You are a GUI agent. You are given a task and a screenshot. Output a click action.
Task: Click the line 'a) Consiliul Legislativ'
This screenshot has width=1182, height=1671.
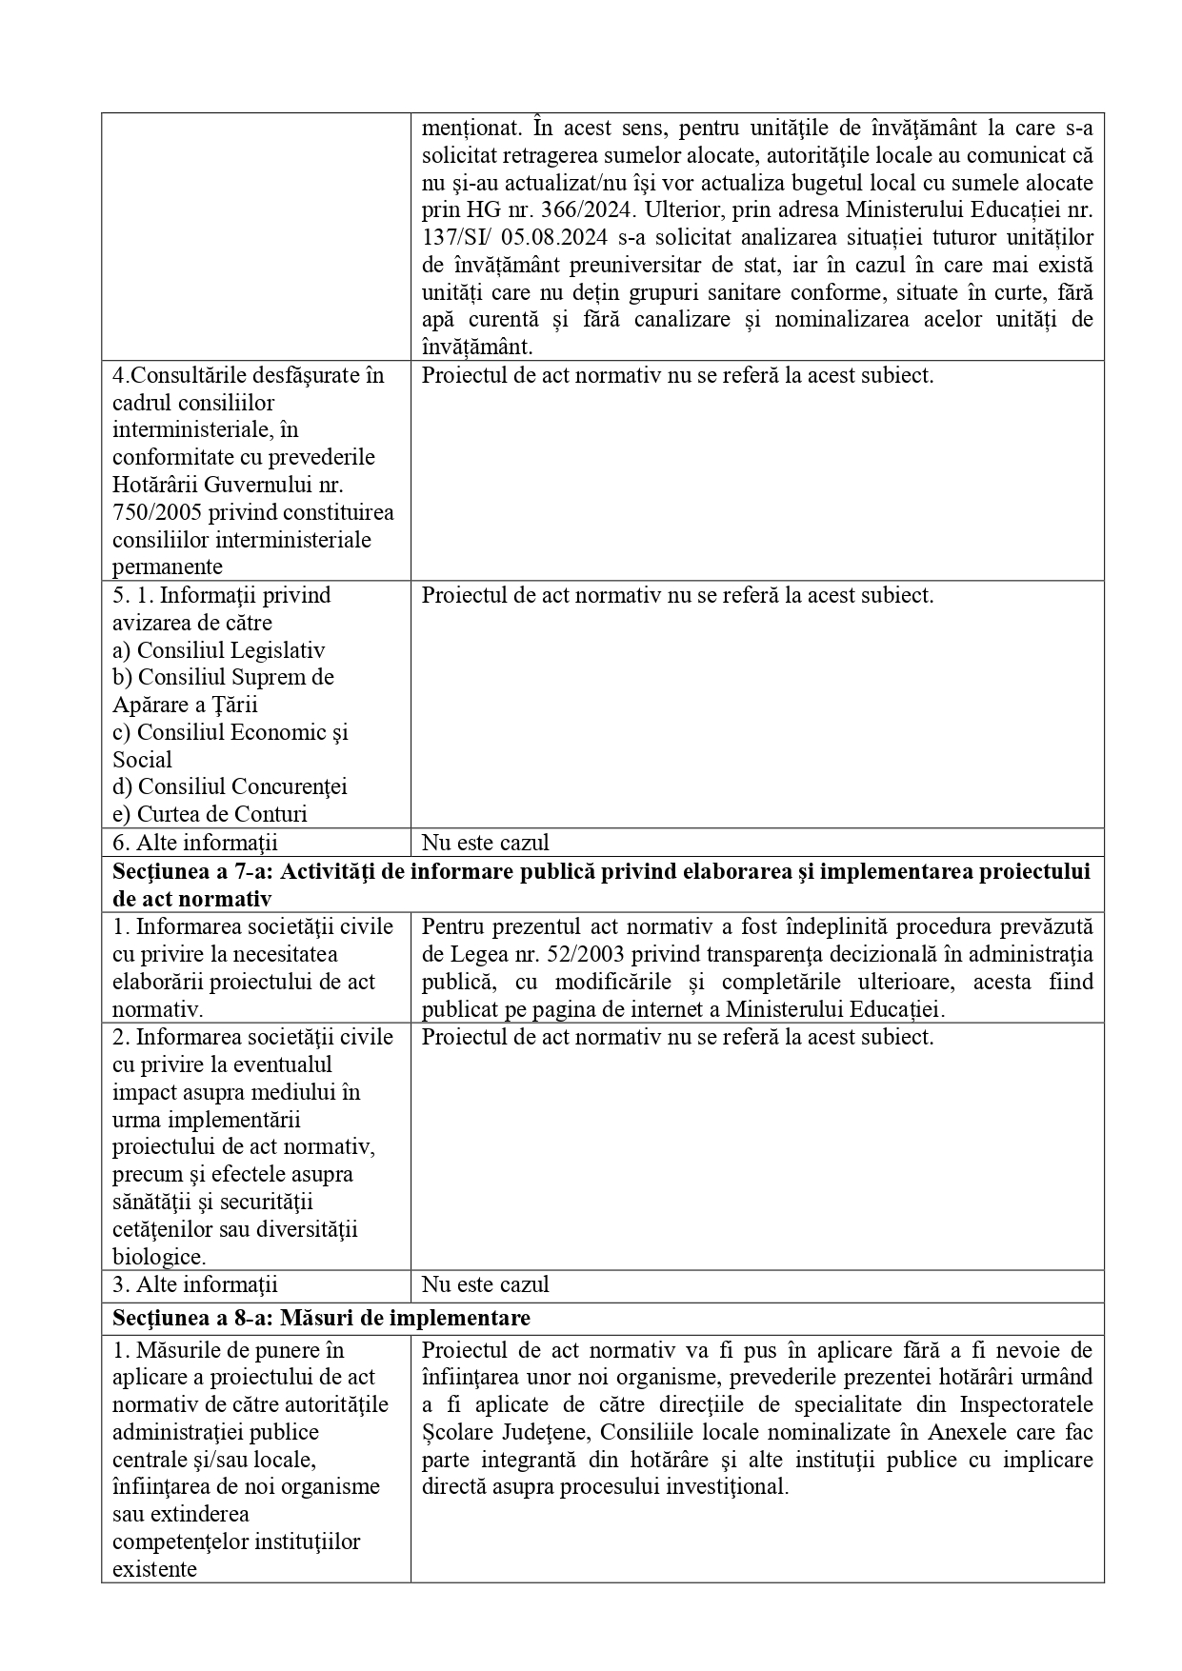[x=218, y=650]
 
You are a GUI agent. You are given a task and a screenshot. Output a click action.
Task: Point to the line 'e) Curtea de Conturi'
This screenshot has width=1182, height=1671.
[x=210, y=814]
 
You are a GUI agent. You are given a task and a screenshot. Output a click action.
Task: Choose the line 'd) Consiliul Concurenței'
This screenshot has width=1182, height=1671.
[x=230, y=786]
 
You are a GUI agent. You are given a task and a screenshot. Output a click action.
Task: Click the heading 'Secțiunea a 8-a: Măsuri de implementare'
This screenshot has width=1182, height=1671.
[x=321, y=1318]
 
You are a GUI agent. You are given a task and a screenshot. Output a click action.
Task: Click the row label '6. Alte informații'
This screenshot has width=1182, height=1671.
[x=194, y=843]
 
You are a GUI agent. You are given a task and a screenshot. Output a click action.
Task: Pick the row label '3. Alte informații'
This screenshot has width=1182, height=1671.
[x=194, y=1284]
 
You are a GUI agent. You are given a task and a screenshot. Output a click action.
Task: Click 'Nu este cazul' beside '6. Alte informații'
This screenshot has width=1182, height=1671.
[x=485, y=843]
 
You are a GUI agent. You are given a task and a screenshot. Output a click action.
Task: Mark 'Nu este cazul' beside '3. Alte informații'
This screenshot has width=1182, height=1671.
[x=485, y=1284]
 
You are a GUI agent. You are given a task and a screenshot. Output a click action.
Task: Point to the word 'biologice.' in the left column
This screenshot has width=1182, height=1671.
[x=159, y=1257]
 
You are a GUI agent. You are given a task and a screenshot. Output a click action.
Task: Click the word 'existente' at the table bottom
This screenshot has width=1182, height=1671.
[x=155, y=1569]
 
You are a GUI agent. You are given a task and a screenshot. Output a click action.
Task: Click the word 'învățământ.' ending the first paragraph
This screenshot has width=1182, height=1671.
[x=477, y=347]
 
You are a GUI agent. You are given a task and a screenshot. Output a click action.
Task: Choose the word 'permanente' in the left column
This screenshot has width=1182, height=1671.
[x=168, y=567]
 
